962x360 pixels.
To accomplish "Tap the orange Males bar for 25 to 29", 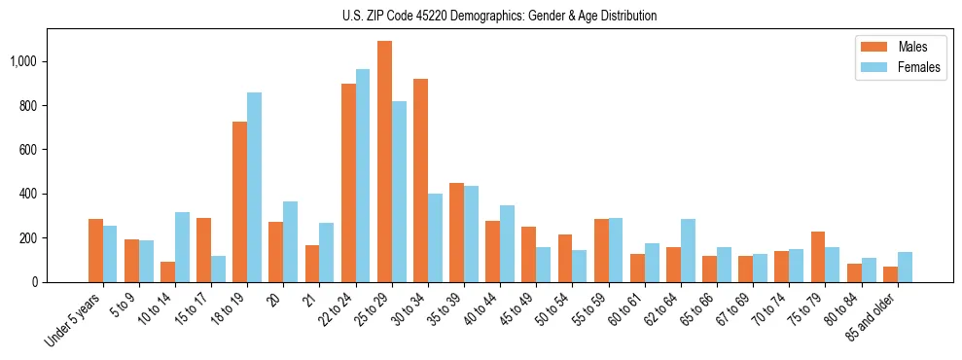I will pyautogui.click(x=384, y=162).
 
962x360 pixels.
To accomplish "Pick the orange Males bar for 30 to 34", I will pyautogui.click(x=420, y=180).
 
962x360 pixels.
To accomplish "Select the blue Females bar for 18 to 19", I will pyautogui.click(x=254, y=187).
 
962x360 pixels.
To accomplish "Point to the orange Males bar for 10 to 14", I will pyautogui.click(x=167, y=271).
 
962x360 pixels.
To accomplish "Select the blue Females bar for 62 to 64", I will pyautogui.click(x=688, y=250).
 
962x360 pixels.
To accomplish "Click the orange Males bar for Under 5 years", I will pyautogui.click(x=95, y=250).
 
